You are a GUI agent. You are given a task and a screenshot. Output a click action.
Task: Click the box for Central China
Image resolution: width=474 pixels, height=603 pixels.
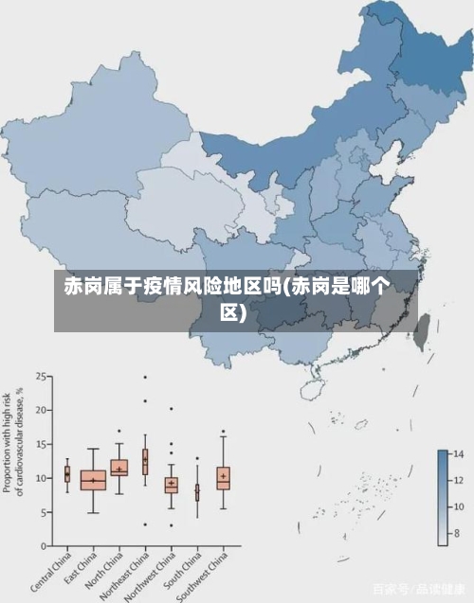point(67,474)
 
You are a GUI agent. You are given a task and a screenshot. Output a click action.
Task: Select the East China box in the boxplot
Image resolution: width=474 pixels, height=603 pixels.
point(93,480)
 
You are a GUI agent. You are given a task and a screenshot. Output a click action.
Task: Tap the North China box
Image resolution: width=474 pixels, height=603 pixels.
point(118,468)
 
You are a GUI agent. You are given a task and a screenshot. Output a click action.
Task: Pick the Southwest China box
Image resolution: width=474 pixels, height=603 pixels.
point(223,477)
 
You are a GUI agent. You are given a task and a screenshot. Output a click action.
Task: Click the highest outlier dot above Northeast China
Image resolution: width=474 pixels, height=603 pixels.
point(145,377)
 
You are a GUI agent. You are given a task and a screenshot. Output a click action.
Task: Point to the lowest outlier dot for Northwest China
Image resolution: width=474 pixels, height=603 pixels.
point(171,525)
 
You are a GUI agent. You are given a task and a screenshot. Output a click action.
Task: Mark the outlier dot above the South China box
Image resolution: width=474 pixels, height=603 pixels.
point(197,458)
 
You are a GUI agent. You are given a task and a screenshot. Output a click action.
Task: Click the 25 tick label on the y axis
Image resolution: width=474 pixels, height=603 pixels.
point(42,376)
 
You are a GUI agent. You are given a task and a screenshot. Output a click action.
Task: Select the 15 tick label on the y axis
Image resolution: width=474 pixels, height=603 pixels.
point(42,444)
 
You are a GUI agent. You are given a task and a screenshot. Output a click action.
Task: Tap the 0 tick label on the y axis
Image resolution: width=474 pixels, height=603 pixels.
point(45,546)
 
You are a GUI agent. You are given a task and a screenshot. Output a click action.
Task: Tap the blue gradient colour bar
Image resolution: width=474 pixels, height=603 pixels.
point(442,497)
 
